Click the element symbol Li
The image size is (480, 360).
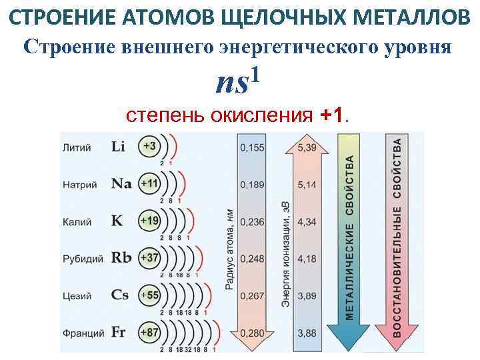[x=118, y=147]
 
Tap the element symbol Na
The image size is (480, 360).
[x=121, y=183]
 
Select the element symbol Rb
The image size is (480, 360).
[x=121, y=257]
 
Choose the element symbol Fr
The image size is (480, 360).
[x=119, y=331]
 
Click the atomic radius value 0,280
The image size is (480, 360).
[x=251, y=332]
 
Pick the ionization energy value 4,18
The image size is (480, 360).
[x=307, y=258]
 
